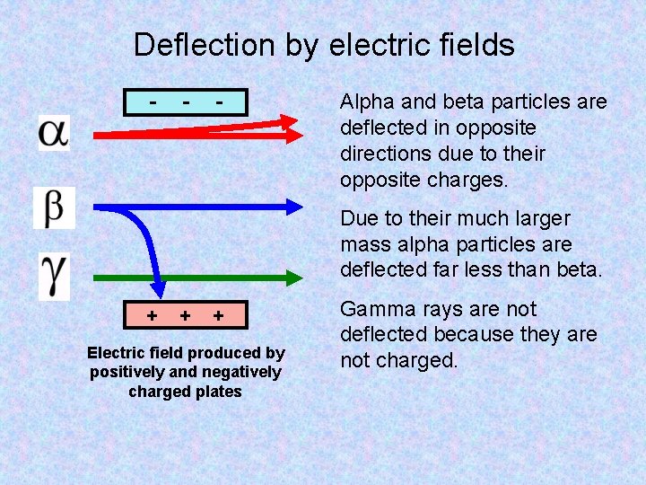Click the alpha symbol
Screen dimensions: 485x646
[x=53, y=132]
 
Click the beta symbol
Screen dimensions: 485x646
[x=54, y=207]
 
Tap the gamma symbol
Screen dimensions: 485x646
[x=53, y=276]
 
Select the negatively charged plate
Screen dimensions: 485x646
[x=186, y=103]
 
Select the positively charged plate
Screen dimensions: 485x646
[x=186, y=316]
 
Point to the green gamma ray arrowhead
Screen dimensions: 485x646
[x=295, y=278]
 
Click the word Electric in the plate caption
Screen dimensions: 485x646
[x=118, y=353]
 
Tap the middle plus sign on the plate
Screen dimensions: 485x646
[x=184, y=316]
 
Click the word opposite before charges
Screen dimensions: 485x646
[x=379, y=180]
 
